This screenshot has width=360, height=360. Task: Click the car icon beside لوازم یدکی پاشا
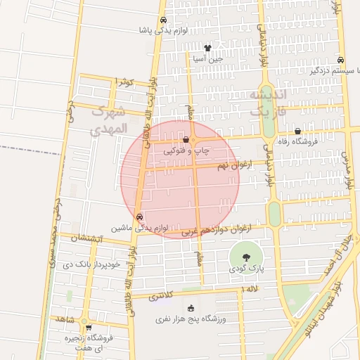163,20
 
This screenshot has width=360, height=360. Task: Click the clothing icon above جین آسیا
207,48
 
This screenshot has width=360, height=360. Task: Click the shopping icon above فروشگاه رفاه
298,131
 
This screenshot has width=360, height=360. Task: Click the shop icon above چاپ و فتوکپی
185,141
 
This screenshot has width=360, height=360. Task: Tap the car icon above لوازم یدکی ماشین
139,217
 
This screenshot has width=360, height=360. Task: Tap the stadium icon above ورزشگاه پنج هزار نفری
190,308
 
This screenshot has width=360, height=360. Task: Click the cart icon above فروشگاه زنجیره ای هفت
89,327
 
